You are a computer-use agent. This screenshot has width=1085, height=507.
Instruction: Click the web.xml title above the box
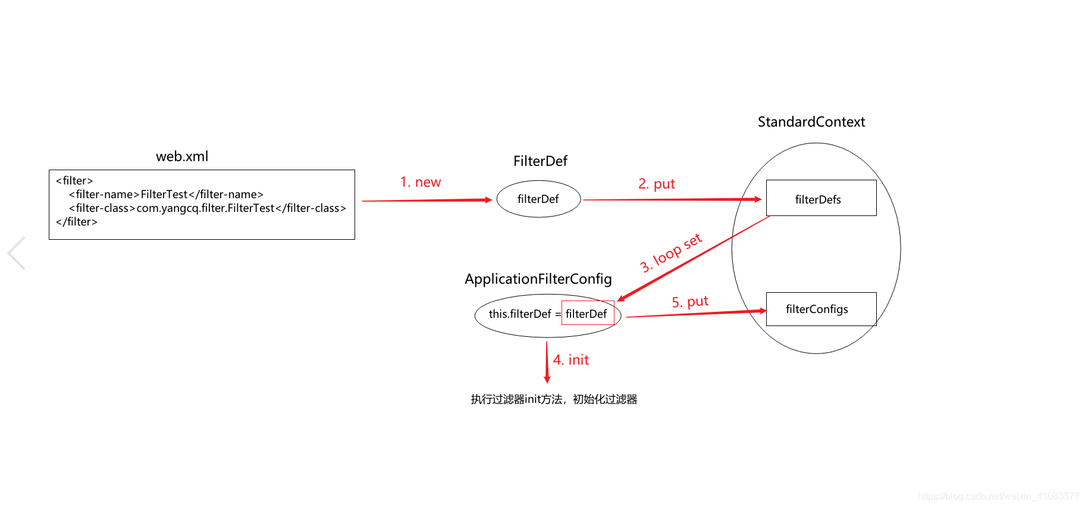pyautogui.click(x=182, y=157)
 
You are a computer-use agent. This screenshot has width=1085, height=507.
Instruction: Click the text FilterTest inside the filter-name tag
pyautogui.click(x=164, y=195)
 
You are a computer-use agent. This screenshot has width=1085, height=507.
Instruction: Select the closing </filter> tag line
pyautogui.click(x=77, y=222)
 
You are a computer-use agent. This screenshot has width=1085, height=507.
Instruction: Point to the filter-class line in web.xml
pyautogui.click(x=208, y=208)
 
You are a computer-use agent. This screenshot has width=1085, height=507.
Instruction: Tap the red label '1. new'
pyautogui.click(x=421, y=182)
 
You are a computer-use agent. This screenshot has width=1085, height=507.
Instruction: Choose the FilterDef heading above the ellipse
pyautogui.click(x=540, y=161)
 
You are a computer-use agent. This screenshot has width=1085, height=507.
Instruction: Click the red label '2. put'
pyautogui.click(x=657, y=184)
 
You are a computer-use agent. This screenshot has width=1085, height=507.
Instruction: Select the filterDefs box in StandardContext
pyautogui.click(x=821, y=198)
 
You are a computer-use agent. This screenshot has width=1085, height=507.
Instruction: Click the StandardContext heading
pyautogui.click(x=811, y=122)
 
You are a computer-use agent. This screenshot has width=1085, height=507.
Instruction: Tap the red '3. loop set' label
pyautogui.click(x=671, y=253)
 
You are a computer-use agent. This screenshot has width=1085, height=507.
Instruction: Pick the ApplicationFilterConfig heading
pyautogui.click(x=538, y=279)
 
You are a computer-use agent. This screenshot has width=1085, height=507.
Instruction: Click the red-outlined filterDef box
pyautogui.click(x=588, y=313)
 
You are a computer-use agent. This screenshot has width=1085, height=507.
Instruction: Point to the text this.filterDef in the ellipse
pyautogui.click(x=520, y=314)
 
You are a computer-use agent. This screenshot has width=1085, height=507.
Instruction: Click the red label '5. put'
pyautogui.click(x=690, y=302)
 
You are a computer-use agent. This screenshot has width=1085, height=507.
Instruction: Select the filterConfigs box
pyautogui.click(x=821, y=309)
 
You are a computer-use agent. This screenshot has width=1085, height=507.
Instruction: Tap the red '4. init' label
pyautogui.click(x=571, y=360)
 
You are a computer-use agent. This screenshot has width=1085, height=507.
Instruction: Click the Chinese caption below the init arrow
pyautogui.click(x=554, y=399)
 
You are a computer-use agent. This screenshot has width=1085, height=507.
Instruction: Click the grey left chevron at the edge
pyautogui.click(x=16, y=253)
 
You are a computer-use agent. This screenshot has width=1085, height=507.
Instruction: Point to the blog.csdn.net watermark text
pyautogui.click(x=998, y=496)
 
